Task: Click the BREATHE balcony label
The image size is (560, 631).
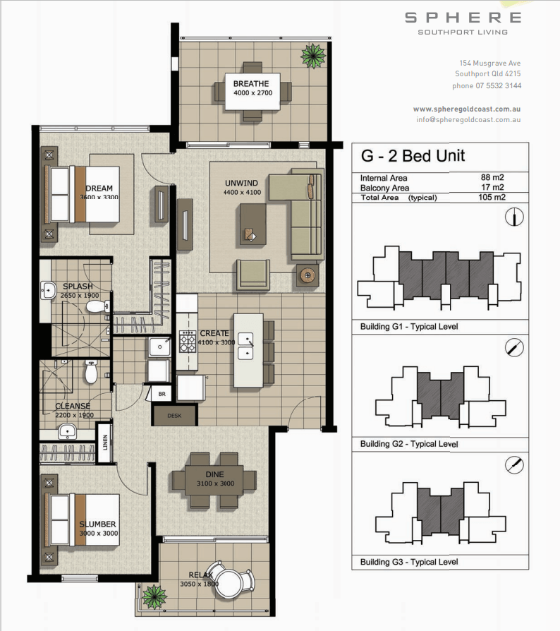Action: (x=251, y=84)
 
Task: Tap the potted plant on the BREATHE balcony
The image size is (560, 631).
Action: (x=313, y=56)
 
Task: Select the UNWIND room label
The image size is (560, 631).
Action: (x=241, y=183)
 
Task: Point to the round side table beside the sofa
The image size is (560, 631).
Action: (x=308, y=276)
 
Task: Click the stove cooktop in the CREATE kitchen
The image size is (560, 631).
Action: (x=188, y=341)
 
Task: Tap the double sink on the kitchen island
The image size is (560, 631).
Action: (x=245, y=346)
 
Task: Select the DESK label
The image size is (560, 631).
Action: (x=174, y=416)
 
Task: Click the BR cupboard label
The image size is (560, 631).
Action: (x=162, y=394)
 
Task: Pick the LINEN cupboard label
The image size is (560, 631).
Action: (x=105, y=443)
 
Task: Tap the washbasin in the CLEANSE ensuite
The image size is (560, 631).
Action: (x=68, y=431)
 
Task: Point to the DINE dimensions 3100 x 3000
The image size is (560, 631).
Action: (x=216, y=483)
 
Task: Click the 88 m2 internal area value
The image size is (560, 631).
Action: (x=492, y=177)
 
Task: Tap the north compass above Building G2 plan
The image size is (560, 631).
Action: (x=514, y=348)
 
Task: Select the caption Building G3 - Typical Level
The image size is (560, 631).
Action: (x=409, y=562)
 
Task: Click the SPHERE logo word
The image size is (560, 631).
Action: (x=463, y=18)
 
